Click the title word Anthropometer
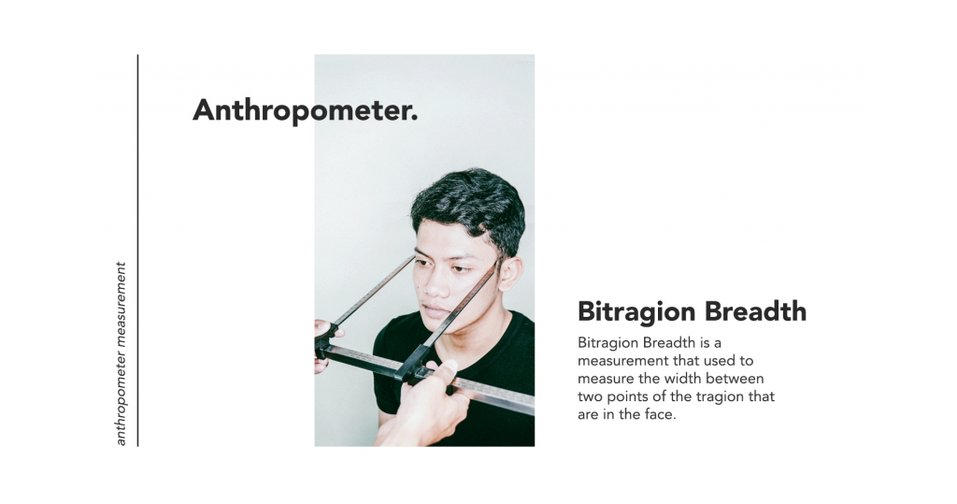click(x=306, y=110)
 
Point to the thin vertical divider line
click(x=138, y=251)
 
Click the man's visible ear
click(x=509, y=274)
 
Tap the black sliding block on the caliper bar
click(x=412, y=365)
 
